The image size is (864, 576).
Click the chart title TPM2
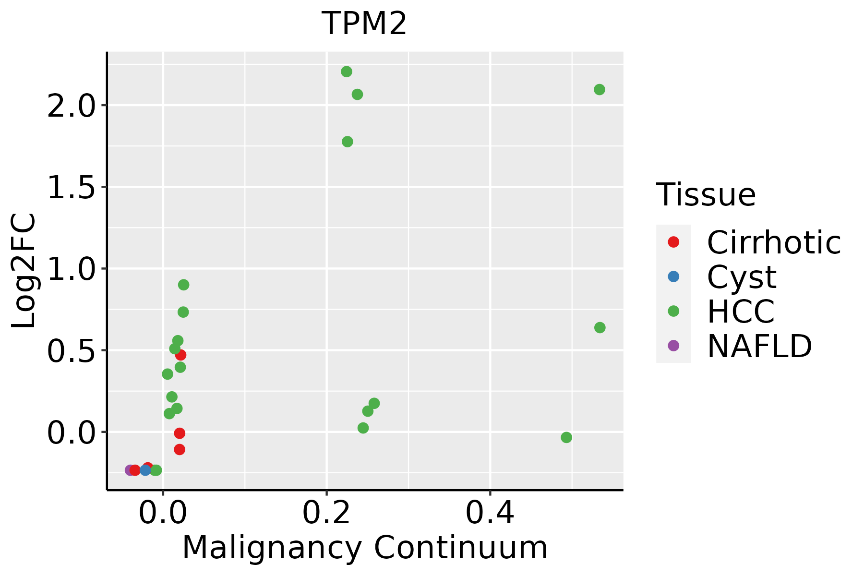point(364,24)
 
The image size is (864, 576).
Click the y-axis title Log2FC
point(24,271)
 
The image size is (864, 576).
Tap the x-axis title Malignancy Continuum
point(365,548)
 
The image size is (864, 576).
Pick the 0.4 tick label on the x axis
point(490,513)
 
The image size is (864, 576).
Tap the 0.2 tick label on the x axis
point(326,513)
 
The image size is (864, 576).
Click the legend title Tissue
point(706,195)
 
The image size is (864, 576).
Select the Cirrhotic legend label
point(774,242)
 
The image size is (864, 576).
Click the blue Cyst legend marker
point(673,276)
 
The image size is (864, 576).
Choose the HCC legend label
point(741,311)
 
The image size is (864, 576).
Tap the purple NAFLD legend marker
point(673,345)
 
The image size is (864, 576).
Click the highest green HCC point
point(347,72)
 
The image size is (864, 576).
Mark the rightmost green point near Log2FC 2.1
point(600,89)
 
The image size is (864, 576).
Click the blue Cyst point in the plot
point(145,470)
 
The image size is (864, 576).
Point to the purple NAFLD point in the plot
point(130,470)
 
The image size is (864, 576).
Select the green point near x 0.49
point(566,437)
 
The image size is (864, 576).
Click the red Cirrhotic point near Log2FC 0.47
point(181,355)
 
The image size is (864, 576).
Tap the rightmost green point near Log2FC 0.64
point(600,327)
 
